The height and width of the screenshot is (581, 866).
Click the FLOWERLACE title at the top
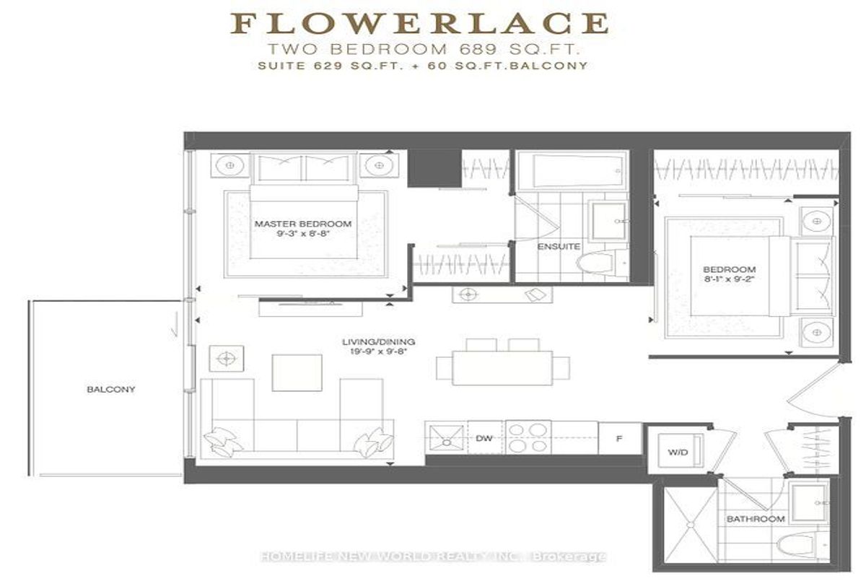click(x=420, y=24)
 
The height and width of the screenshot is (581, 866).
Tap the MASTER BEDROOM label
click(x=303, y=224)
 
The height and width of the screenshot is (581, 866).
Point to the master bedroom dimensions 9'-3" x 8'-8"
click(x=303, y=233)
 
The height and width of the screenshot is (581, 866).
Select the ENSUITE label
click(x=559, y=246)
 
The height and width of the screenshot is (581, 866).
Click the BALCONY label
click(x=111, y=389)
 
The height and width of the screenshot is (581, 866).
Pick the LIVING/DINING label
click(x=378, y=341)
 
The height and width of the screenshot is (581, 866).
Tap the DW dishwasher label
click(x=484, y=438)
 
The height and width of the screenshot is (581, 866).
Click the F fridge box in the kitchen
click(x=620, y=438)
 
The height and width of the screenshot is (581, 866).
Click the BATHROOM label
click(x=756, y=519)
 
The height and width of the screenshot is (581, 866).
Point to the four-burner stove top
click(x=528, y=437)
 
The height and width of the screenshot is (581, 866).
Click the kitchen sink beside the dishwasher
click(x=447, y=438)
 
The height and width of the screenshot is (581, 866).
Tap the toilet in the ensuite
click(x=598, y=263)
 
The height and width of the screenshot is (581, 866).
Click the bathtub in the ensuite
click(x=572, y=170)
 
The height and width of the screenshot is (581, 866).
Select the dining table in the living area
click(x=502, y=367)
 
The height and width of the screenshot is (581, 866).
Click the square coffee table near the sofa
click(x=297, y=372)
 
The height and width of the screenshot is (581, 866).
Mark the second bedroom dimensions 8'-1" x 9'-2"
click(x=729, y=279)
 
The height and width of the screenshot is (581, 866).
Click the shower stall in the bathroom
click(x=691, y=525)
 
